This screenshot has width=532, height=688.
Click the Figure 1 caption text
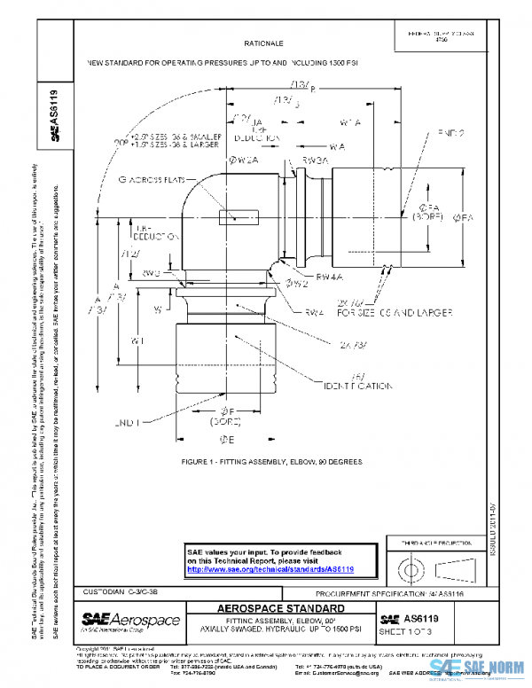point(271,463)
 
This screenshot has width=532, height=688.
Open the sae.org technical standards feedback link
point(268,569)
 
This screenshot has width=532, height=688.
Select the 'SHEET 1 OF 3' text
point(404,631)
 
